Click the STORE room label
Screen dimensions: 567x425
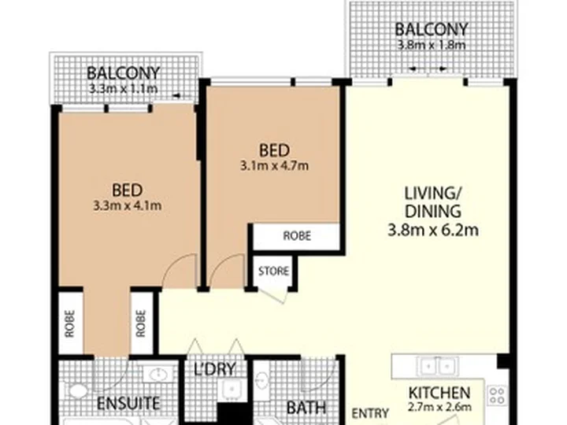273,271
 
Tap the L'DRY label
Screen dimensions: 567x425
215,369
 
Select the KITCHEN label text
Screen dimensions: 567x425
439,393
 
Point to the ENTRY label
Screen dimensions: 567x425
370,413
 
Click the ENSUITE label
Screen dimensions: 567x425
128,403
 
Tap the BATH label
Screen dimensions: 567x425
306,408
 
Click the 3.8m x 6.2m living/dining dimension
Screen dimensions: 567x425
433,230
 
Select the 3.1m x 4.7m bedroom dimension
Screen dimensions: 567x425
275,166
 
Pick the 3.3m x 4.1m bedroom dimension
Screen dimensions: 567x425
128,206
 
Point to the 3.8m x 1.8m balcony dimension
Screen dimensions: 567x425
432,45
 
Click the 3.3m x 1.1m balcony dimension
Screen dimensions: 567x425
123,88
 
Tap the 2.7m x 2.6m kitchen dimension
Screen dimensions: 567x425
439,408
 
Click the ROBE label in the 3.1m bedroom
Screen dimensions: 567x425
297,236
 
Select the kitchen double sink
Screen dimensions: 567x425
438,367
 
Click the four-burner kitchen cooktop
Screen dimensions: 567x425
496,395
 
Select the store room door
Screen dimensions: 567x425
273,295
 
